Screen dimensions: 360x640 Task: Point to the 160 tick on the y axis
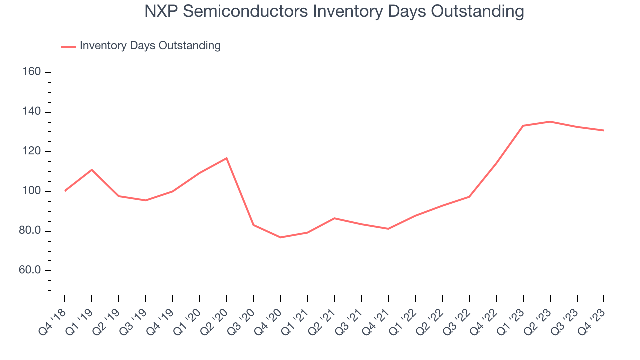tap(32, 72)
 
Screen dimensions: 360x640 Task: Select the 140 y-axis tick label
tap(32, 112)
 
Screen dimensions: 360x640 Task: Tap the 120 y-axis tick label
tap(32, 152)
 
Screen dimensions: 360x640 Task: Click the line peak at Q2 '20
tap(227, 158)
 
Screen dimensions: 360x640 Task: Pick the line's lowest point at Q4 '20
tap(280, 237)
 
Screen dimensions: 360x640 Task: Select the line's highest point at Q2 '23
tap(550, 121)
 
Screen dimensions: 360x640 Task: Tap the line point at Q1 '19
tap(92, 170)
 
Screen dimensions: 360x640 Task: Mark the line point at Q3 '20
tap(254, 225)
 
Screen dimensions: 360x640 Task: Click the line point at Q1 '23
tap(523, 126)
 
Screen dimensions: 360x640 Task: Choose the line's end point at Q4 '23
tap(603, 130)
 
